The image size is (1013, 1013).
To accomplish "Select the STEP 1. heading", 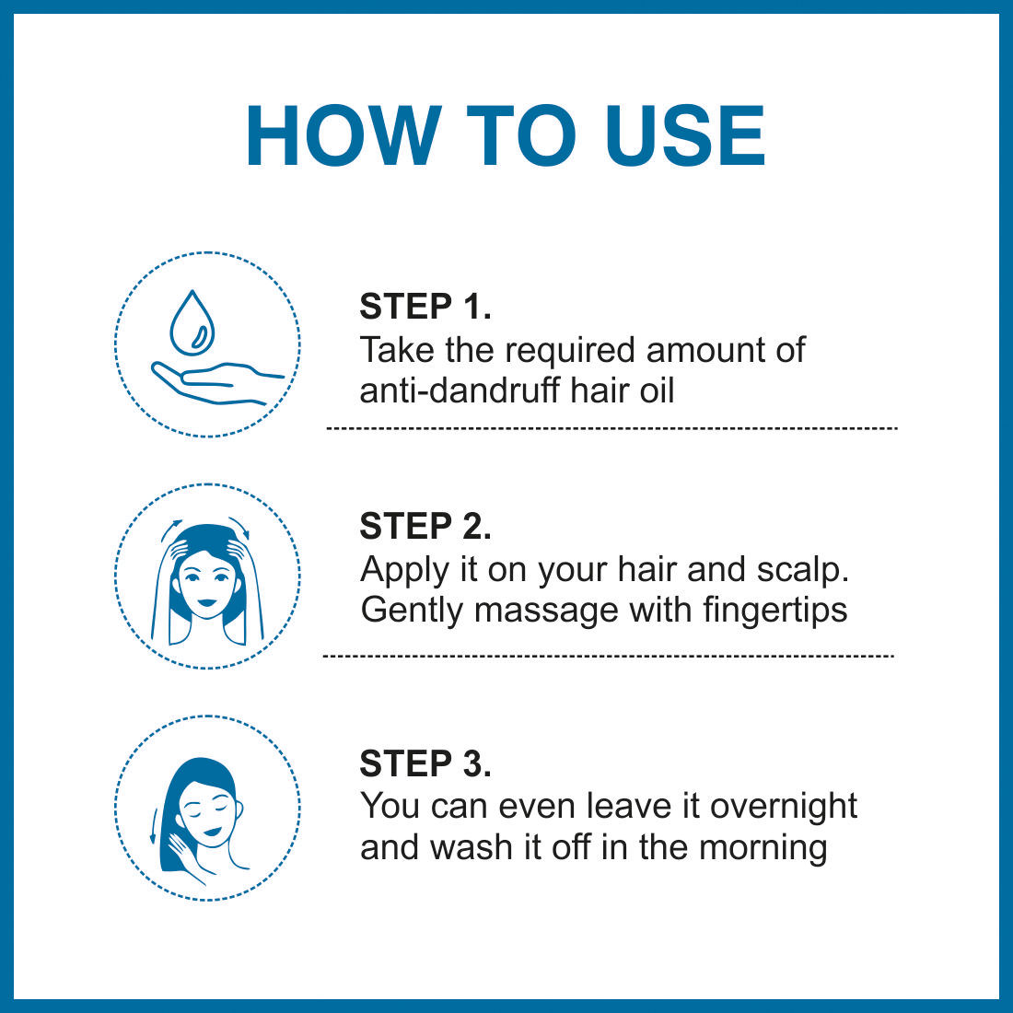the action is coord(425,307).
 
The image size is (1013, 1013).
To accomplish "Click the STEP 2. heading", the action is coord(425,526).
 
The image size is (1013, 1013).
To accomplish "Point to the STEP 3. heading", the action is coord(425,763).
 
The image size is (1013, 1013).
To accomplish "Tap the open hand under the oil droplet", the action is coord(217,383).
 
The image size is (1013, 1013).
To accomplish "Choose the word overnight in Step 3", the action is coord(783,808).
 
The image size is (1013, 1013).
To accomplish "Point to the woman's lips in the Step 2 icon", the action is coord(206,602).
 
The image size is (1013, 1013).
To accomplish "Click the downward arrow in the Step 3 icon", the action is coord(154,826).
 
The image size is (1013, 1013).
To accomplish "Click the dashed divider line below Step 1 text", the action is coord(611,428).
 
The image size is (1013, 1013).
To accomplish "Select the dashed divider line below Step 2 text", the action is coord(608,657).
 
